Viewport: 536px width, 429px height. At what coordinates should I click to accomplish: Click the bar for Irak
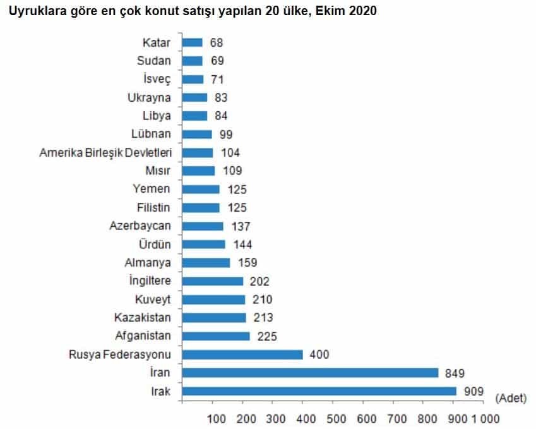click(x=319, y=392)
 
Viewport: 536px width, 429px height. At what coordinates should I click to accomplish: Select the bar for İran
click(x=310, y=373)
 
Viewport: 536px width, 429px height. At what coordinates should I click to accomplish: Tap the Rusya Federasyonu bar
click(x=242, y=355)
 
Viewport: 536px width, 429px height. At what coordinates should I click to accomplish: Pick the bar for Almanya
click(x=206, y=263)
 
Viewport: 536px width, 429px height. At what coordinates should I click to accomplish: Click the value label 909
click(x=473, y=392)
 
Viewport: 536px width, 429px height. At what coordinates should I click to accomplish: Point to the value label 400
click(x=320, y=355)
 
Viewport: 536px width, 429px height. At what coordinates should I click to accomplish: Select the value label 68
click(x=215, y=43)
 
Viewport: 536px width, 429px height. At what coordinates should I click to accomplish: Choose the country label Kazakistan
click(x=143, y=318)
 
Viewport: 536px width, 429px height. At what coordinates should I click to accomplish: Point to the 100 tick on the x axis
click(x=216, y=418)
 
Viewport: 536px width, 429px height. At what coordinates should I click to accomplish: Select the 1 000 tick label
click(x=485, y=418)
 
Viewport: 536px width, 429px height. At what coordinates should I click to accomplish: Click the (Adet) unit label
click(x=511, y=397)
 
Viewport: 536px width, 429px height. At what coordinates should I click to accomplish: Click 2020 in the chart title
click(x=364, y=11)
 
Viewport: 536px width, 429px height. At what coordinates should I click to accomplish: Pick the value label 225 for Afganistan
click(x=266, y=336)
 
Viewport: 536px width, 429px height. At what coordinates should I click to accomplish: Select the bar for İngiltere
click(x=212, y=281)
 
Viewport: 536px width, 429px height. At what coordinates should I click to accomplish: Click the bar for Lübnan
click(x=197, y=135)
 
